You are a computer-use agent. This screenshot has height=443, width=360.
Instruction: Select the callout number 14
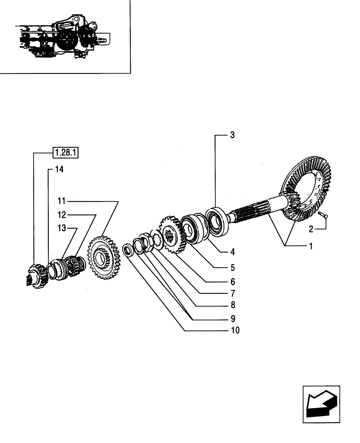(x=59, y=169)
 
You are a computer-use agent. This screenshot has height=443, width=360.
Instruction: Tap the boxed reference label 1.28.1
(x=66, y=153)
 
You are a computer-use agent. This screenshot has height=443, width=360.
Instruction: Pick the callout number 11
(x=61, y=201)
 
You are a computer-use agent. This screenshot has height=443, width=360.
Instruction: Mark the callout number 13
(x=61, y=228)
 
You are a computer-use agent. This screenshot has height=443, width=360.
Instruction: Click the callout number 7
(x=232, y=293)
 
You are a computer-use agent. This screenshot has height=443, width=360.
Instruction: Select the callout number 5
(x=232, y=268)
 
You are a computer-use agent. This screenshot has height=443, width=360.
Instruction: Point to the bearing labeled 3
(x=217, y=220)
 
